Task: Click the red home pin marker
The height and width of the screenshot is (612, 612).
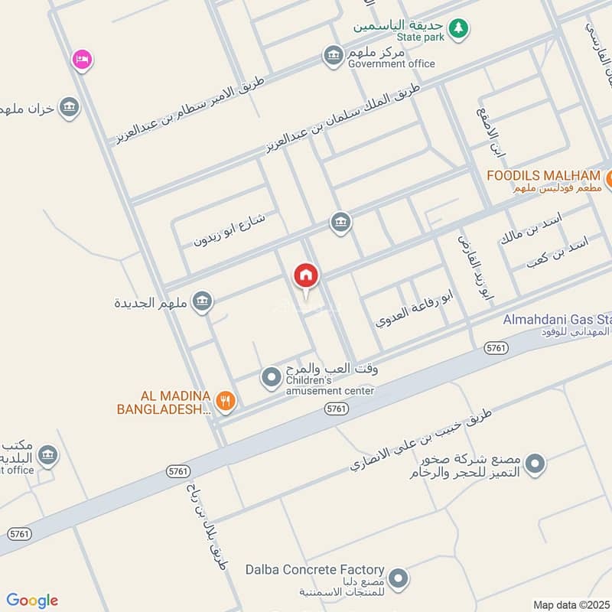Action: (306, 276)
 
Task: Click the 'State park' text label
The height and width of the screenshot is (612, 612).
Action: (420, 37)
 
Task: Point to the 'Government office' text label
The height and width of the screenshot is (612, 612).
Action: (391, 63)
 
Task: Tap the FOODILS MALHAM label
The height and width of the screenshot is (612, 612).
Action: (544, 176)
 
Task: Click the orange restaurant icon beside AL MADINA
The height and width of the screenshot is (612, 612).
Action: (225, 399)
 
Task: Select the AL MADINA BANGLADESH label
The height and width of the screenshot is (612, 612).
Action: (164, 402)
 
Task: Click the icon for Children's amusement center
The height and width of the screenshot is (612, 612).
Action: (271, 376)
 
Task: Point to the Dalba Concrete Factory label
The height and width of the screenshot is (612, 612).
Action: (314, 569)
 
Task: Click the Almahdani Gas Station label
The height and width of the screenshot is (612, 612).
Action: (557, 319)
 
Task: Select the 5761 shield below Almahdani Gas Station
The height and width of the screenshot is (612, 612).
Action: (496, 348)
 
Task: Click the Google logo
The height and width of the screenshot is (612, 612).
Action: (32, 601)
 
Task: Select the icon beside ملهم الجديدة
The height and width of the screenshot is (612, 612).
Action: (202, 301)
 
